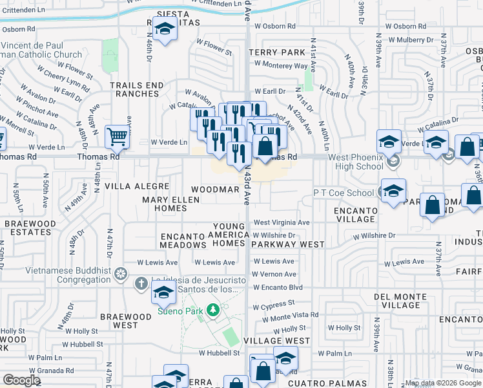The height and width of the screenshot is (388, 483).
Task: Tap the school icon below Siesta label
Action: pos(166,29)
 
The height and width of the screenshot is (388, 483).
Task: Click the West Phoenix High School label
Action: pos(356,162)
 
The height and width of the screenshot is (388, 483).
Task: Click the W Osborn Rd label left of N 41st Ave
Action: pos(273,26)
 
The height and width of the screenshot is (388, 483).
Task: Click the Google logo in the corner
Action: pos(21,380)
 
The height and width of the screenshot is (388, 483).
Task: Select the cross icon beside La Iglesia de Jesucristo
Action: pos(141,283)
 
